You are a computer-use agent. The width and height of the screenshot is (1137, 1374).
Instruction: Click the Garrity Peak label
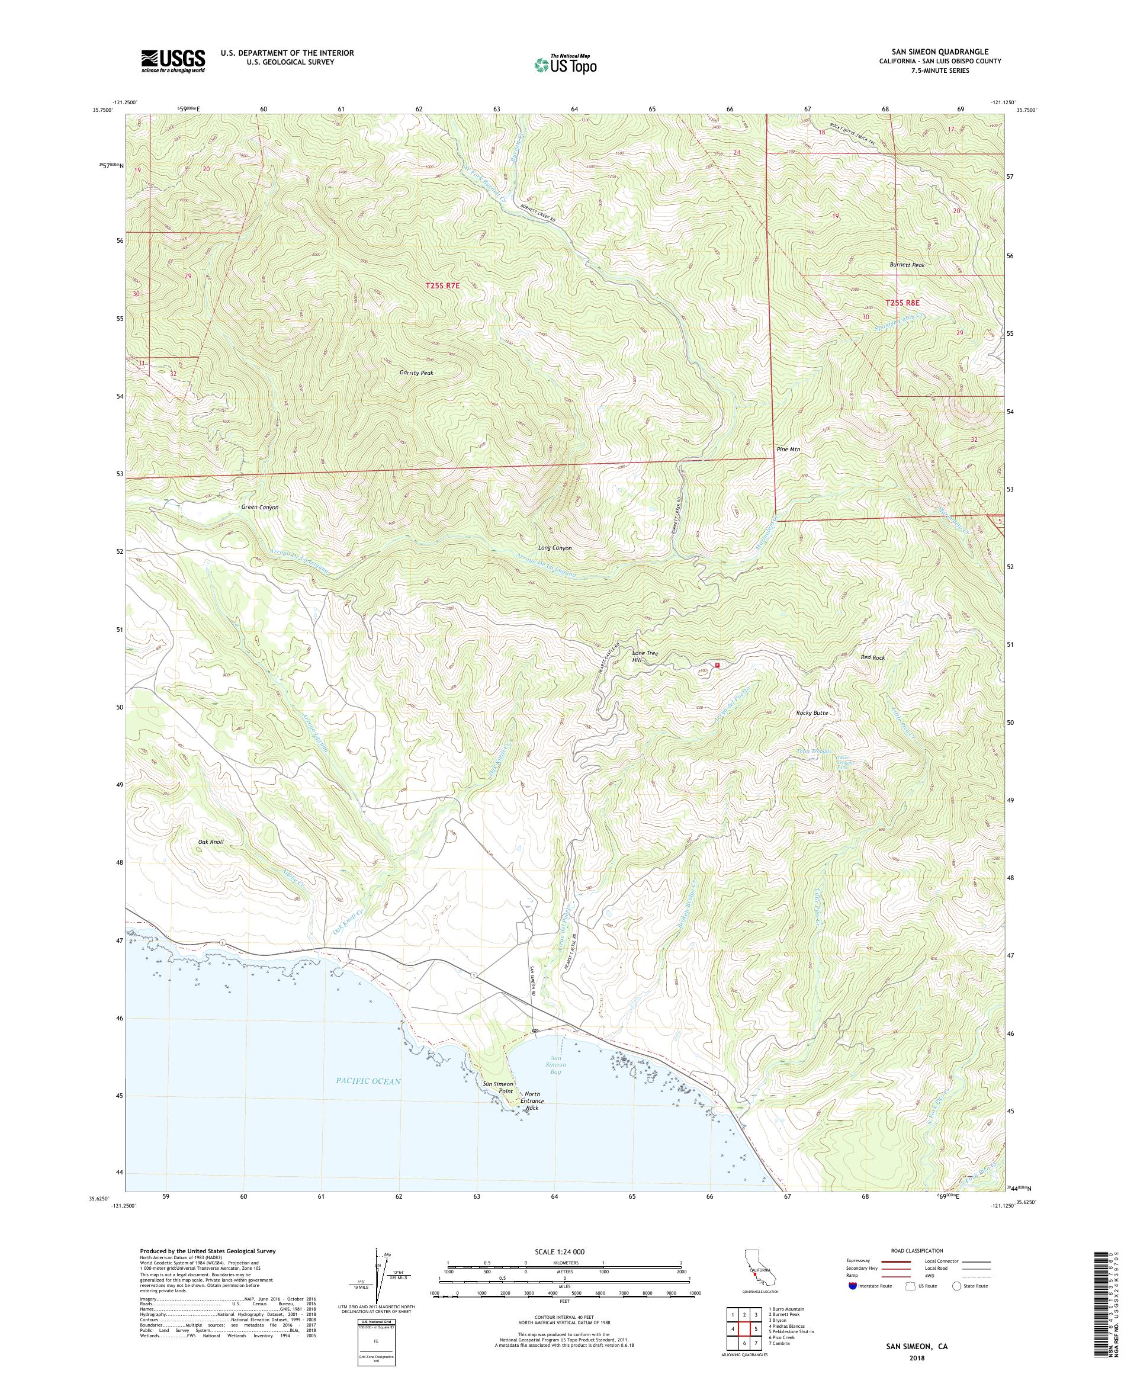pyautogui.click(x=416, y=373)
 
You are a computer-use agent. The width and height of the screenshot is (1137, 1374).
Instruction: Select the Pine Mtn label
pyautogui.click(x=788, y=450)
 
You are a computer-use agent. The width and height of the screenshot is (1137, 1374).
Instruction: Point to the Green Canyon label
pyautogui.click(x=260, y=507)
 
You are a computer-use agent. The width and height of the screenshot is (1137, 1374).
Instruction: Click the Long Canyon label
pyautogui.click(x=555, y=548)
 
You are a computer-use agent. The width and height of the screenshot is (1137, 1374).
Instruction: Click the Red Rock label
pyautogui.click(x=873, y=657)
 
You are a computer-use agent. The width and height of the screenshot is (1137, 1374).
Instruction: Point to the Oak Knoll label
pyautogui.click(x=211, y=842)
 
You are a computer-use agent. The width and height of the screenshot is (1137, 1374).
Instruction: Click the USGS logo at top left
pyautogui.click(x=173, y=61)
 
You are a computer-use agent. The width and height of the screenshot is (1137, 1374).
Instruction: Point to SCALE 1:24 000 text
pyautogui.click(x=564, y=1250)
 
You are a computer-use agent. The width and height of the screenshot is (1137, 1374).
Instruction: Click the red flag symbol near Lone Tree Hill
pyautogui.click(x=718, y=666)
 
